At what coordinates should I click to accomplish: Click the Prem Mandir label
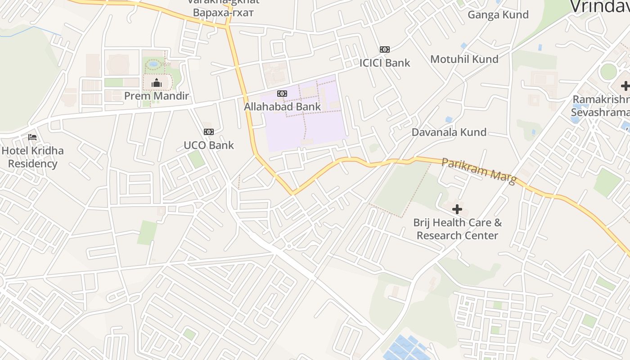pyautogui.click(x=157, y=96)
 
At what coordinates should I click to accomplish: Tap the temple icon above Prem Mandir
pyautogui.click(x=157, y=83)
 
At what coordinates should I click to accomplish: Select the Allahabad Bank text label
pyautogui.click(x=282, y=107)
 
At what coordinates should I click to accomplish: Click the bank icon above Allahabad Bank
pyautogui.click(x=282, y=94)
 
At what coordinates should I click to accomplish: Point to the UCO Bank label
pyautogui.click(x=209, y=145)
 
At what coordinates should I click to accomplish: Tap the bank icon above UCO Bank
pyautogui.click(x=209, y=132)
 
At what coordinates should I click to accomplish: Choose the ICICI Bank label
pyautogui.click(x=385, y=63)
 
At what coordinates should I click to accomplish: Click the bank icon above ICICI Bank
pyautogui.click(x=385, y=49)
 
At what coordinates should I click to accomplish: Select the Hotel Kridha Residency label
pyautogui.click(x=32, y=157)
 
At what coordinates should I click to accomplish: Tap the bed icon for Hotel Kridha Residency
pyautogui.click(x=32, y=137)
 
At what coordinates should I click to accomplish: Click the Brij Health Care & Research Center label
pyautogui.click(x=457, y=229)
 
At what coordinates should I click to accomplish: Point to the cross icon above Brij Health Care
pyautogui.click(x=457, y=209)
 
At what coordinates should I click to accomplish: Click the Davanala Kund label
pyautogui.click(x=449, y=132)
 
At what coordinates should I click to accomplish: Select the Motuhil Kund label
pyautogui.click(x=464, y=59)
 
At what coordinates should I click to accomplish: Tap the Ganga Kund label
pyautogui.click(x=498, y=15)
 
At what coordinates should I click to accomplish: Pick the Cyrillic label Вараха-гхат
pyautogui.click(x=223, y=12)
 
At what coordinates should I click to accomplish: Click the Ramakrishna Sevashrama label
pyautogui.click(x=601, y=105)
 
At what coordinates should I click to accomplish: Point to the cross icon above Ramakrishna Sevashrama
pyautogui.click(x=625, y=86)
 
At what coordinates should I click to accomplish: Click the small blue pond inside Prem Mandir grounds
pyautogui.click(x=153, y=64)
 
